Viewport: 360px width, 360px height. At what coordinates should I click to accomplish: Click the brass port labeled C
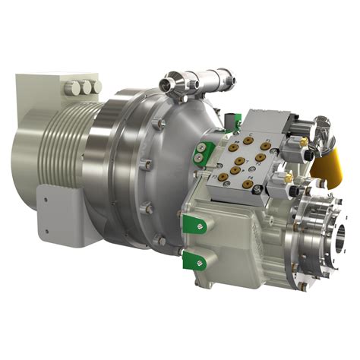tap(248, 141)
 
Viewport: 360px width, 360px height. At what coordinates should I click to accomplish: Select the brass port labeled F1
tap(266, 146)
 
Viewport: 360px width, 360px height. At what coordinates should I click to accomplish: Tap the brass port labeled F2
tap(261, 157)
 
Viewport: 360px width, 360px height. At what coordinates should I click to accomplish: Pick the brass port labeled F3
tap(223, 177)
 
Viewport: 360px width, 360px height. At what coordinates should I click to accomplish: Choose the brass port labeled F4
tap(248, 184)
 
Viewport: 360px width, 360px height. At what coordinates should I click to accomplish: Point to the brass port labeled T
tap(240, 161)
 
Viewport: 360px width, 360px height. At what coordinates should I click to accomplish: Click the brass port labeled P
tap(235, 170)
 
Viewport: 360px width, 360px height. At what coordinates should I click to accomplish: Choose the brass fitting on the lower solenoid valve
tap(288, 178)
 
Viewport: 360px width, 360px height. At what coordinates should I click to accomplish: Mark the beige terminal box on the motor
tap(46, 99)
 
